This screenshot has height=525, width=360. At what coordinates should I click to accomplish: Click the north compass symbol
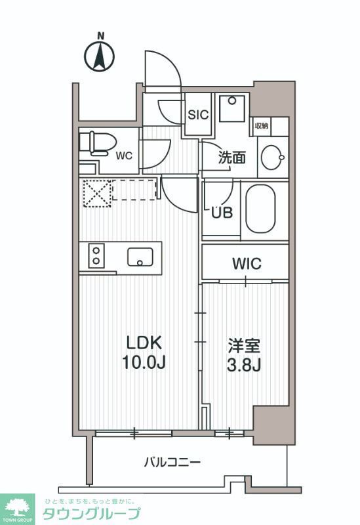click(100, 54)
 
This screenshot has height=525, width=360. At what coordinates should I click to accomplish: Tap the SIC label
click(198, 114)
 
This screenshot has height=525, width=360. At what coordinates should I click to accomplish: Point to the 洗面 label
click(232, 157)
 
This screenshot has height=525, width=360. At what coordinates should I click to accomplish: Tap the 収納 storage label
click(262, 126)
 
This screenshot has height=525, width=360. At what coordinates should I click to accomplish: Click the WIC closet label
click(247, 264)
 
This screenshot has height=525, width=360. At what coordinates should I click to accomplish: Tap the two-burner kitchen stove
click(96, 255)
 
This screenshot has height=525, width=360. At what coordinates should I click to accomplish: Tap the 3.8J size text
click(246, 364)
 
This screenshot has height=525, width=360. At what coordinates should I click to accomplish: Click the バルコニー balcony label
click(172, 463)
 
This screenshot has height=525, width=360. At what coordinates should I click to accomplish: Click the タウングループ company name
click(91, 514)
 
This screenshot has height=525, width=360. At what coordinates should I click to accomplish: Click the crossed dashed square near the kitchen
click(96, 193)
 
